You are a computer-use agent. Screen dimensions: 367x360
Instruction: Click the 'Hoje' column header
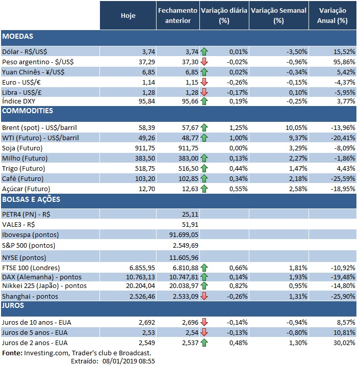click(x=128, y=15)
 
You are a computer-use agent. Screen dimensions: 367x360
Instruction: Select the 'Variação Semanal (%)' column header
click(x=278, y=15)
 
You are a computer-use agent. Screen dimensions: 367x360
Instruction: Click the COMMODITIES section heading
click(x=28, y=111)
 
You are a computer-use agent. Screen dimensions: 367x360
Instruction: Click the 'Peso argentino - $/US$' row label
click(x=38, y=61)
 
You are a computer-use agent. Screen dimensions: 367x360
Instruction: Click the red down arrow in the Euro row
click(x=204, y=82)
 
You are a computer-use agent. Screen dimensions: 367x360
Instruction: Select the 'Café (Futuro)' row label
click(x=23, y=178)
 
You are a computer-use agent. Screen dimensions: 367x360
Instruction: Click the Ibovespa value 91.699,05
click(x=180, y=234)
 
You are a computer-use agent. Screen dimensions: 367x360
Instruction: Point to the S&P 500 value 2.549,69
click(x=184, y=245)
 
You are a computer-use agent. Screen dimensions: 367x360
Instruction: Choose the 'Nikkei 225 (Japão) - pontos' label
click(x=44, y=286)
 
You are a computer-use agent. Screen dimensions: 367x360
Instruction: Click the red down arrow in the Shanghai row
click(x=204, y=296)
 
